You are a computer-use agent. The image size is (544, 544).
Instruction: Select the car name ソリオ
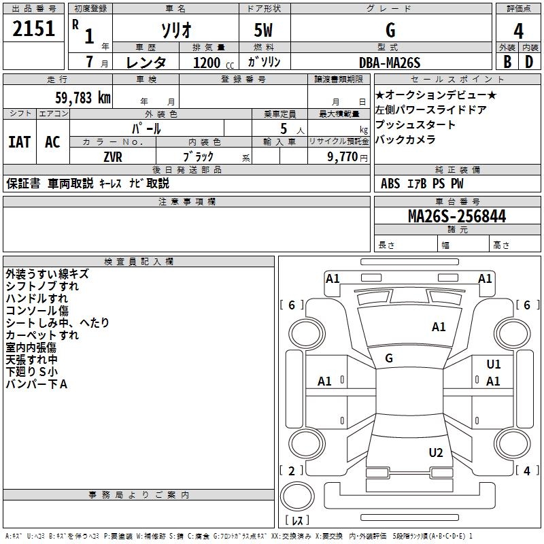tap(175, 30)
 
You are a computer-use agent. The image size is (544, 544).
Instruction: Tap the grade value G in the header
tap(390, 30)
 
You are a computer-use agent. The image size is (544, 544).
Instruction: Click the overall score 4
tap(518, 30)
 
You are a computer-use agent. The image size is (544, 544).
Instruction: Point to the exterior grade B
tap(507, 61)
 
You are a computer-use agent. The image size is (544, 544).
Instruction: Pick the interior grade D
tap(529, 61)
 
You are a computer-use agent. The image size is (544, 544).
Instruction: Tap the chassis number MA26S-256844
tap(456, 216)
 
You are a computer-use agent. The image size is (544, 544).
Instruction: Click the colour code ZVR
tap(113, 156)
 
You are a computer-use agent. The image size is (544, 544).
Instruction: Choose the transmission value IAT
tap(19, 142)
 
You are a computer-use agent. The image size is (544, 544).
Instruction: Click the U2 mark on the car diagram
tap(436, 453)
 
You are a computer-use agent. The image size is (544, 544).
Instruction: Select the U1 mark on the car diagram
tap(494, 364)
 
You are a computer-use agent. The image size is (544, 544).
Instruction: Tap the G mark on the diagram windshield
tap(389, 358)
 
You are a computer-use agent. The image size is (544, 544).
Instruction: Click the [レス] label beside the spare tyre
tap(297, 521)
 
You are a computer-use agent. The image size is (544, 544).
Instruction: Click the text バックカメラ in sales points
tap(405, 140)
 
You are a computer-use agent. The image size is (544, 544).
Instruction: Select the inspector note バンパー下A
tap(37, 384)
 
